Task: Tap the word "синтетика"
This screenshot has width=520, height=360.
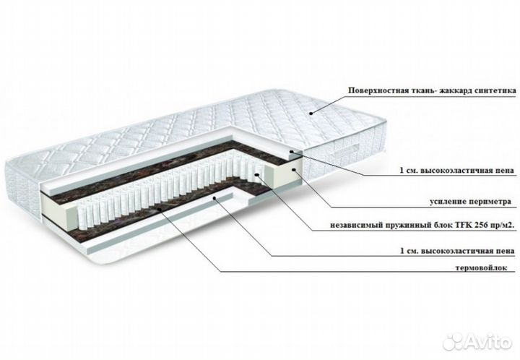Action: coord(496,90)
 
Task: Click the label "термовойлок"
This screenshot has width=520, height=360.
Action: coord(482,267)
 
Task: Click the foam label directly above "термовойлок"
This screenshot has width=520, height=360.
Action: coord(457,251)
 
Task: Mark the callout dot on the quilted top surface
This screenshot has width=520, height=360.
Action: coord(311,113)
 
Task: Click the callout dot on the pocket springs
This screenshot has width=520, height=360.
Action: coord(256,174)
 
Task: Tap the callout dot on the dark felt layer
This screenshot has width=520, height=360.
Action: coord(160,210)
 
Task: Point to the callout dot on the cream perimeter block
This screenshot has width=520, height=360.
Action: coord(293,170)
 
